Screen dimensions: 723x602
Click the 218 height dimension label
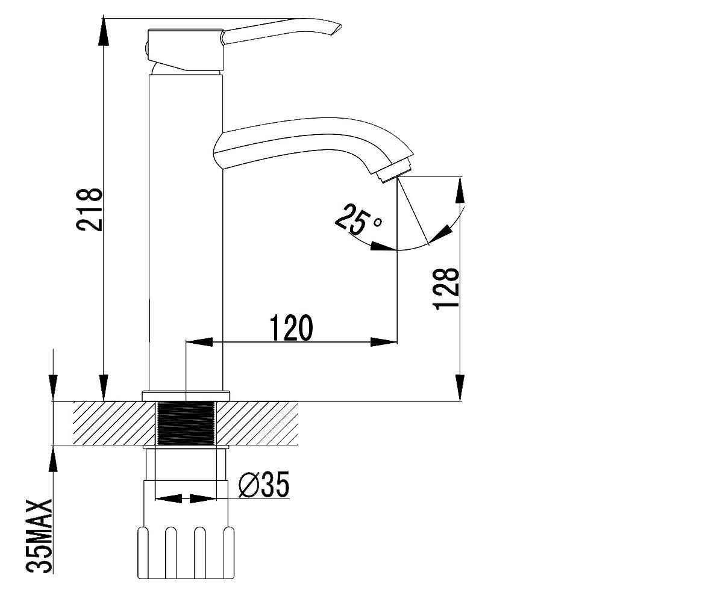pos(89,209)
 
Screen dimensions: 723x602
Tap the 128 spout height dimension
pos(446,289)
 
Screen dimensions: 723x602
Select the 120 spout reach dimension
pos(291,327)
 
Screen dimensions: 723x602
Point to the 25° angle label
pos(358,219)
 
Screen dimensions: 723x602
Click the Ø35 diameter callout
pos(264,484)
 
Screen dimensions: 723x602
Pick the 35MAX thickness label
pos(39,536)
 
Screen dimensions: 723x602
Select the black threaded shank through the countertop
pos(186,423)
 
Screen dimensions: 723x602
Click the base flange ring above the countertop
pos(186,396)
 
